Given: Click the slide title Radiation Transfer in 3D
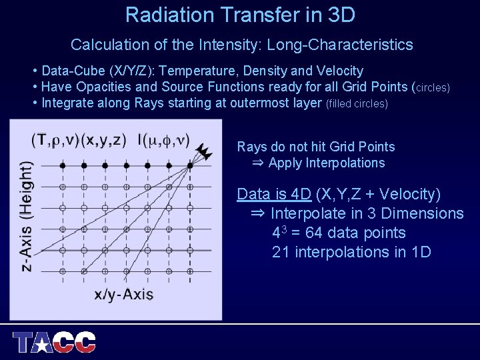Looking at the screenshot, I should coord(240,15).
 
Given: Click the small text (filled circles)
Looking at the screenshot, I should coord(356,104).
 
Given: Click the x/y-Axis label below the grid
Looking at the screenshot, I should coord(123,294).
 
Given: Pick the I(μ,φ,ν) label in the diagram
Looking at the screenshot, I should coord(163,140).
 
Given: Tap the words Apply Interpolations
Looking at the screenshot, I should coord(327,163).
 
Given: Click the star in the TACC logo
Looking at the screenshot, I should coord(41,343).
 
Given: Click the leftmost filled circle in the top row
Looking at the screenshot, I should coord(62,164).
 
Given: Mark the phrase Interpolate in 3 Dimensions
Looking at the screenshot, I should coord(366,213).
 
